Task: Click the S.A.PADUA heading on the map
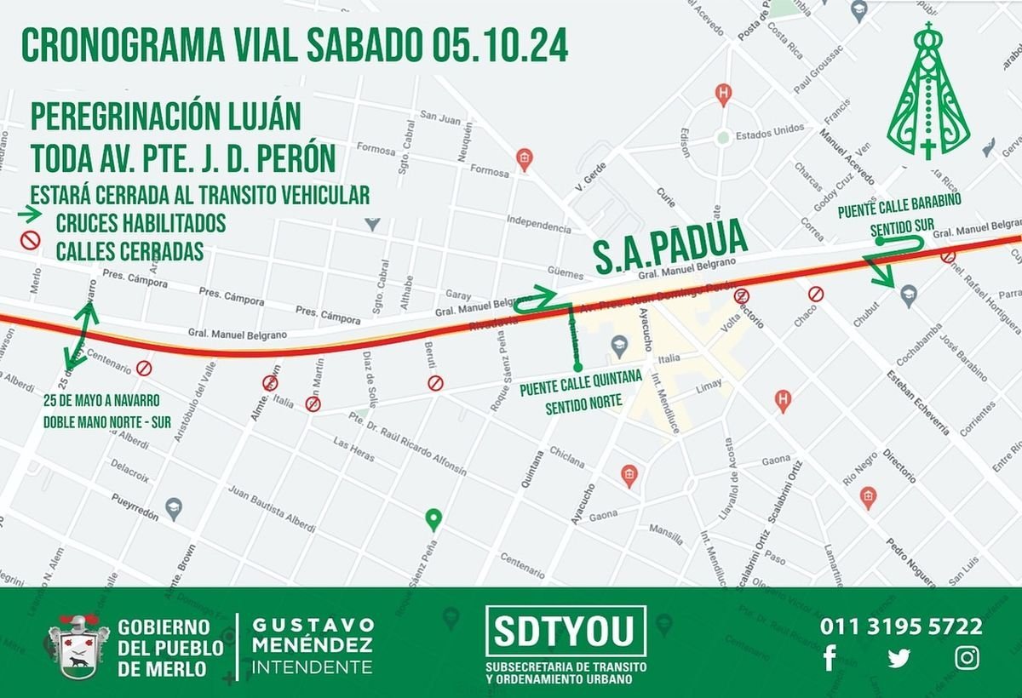click(x=669, y=248)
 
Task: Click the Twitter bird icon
click(x=898, y=658)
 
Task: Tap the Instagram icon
click(x=967, y=658)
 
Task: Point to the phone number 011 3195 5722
click(x=901, y=627)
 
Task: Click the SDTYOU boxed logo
click(x=566, y=632)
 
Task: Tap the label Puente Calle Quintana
click(x=581, y=390)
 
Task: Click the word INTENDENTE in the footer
click(x=313, y=666)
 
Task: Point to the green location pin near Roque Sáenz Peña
click(x=433, y=518)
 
